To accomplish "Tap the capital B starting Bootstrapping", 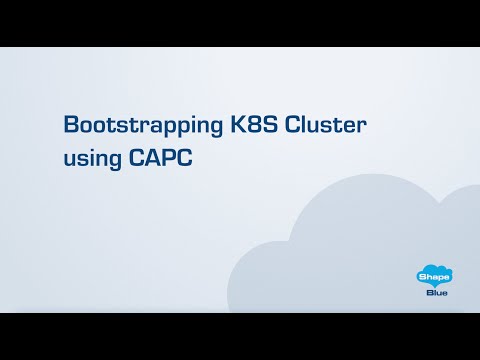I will coord(70,125).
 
